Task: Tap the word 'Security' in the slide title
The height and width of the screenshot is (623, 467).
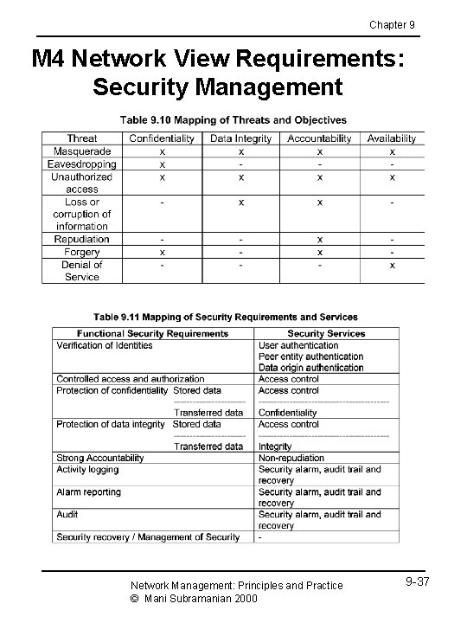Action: tap(143, 87)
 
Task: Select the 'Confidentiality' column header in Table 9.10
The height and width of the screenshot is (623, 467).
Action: tap(163, 138)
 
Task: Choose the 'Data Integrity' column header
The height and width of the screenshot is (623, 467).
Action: tap(241, 138)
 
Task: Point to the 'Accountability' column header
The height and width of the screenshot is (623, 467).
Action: tap(319, 138)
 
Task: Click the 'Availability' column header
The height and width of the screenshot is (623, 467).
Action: tap(391, 138)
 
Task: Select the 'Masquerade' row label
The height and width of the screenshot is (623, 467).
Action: tap(82, 151)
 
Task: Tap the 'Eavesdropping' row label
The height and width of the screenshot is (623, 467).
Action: tap(82, 164)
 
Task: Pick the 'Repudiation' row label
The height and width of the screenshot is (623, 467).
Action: tap(82, 239)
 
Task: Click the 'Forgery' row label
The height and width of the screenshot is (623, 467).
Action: tap(82, 252)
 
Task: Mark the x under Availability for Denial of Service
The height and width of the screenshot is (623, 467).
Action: tap(392, 265)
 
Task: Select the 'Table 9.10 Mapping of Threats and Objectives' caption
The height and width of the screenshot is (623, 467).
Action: tap(233, 119)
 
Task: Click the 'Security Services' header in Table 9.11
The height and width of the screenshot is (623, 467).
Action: tap(326, 333)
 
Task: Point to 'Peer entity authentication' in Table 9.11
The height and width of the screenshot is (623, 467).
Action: tap(310, 356)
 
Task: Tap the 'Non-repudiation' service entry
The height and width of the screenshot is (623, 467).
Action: tap(291, 458)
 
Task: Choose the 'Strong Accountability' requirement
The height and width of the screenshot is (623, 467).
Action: tap(100, 458)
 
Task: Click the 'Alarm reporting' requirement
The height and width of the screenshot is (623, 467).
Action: tap(89, 491)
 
